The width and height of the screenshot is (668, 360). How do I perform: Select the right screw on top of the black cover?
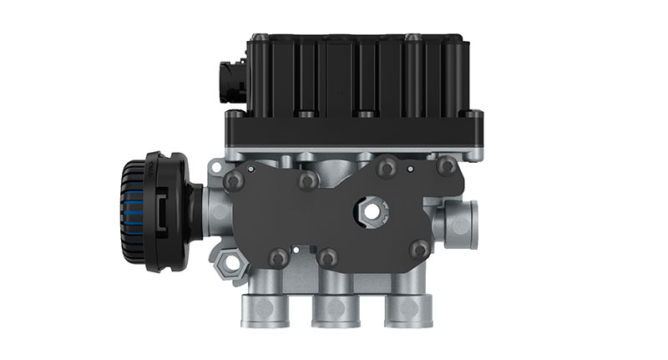411,37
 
